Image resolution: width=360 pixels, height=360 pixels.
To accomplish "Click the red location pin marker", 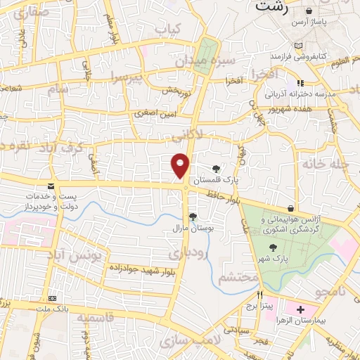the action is pyautogui.click(x=180, y=165).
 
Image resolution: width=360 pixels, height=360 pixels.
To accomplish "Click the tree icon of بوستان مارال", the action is pyautogui.click(x=192, y=216).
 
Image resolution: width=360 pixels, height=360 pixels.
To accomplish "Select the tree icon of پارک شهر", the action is pyautogui.click(x=273, y=247).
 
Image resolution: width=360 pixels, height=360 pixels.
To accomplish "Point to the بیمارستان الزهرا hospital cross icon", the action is pyautogui.click(x=300, y=309).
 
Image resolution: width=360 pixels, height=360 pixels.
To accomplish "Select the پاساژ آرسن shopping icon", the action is pyautogui.click(x=309, y=12).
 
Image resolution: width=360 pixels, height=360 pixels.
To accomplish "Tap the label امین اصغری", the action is pyautogui.click(x=154, y=112).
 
